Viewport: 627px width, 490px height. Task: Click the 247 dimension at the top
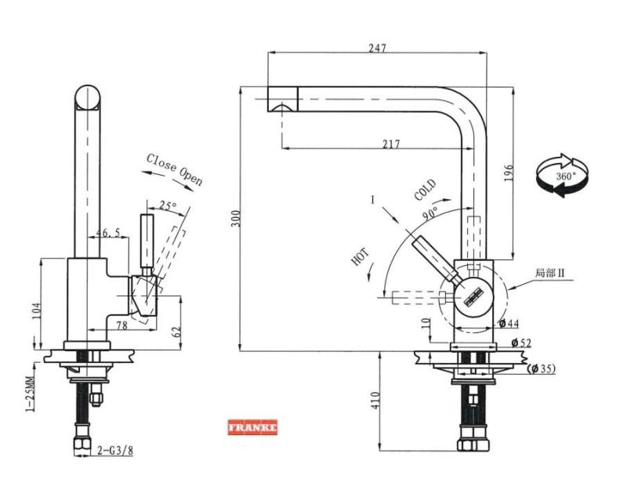click(377, 48)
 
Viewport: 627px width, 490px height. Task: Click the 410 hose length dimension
click(375, 402)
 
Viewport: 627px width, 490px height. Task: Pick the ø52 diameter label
click(521, 343)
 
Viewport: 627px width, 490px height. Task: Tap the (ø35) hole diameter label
click(542, 368)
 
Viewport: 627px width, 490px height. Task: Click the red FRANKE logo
click(252, 429)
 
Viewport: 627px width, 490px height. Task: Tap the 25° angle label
click(168, 206)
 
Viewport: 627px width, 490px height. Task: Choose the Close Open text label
click(174, 169)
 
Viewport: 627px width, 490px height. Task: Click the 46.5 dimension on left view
click(108, 233)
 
